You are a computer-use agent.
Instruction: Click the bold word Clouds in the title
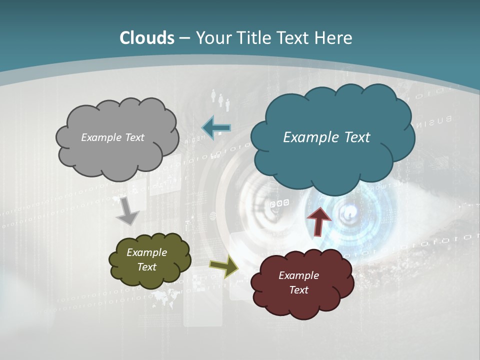click(147, 38)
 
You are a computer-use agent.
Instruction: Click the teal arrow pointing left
click(216, 128)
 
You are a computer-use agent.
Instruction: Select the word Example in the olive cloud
click(146, 252)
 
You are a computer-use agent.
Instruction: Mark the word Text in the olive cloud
click(146, 267)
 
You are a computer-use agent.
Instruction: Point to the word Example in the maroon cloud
click(298, 275)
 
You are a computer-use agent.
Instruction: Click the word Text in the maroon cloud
click(298, 290)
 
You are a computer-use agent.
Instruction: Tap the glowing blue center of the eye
click(348, 214)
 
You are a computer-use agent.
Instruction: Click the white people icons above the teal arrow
click(220, 99)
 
